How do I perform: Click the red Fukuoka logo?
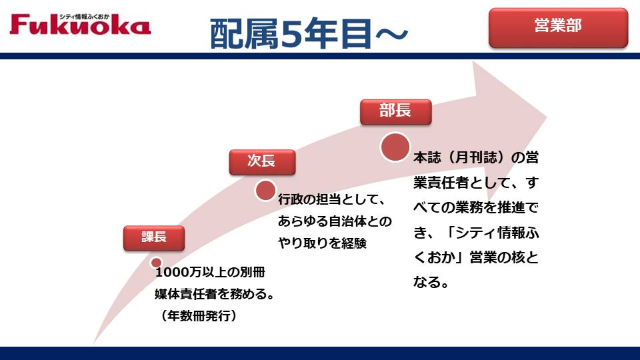pos(81,25)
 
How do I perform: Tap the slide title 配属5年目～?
pos(309,33)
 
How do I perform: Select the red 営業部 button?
pos(558,27)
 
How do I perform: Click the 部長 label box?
pos(395,111)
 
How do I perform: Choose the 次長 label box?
pos(262,162)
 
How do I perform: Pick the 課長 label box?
pos(154,237)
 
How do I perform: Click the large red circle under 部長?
pos(395,147)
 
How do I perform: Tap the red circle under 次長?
pos(265,191)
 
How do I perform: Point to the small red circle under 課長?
pos(156,263)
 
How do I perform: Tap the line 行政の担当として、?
pos(332,199)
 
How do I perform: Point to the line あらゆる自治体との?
pos(335,221)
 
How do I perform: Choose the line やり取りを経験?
pos(323,243)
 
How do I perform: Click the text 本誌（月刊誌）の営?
pos(476,157)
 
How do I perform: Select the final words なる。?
pos(431,282)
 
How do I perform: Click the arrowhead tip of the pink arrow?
pos(547,117)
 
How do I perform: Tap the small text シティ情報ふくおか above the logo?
pos(84,17)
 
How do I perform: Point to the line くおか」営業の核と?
pos(476,257)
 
